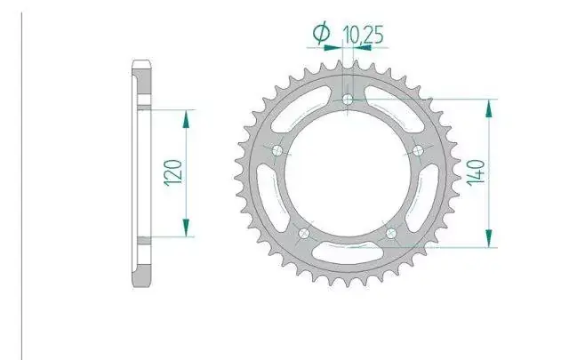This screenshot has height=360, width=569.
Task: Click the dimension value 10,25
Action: click(363, 36)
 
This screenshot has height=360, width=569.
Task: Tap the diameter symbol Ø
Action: click(322, 33)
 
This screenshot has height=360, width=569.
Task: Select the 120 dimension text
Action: click(173, 172)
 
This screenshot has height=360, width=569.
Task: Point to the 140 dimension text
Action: click(476, 172)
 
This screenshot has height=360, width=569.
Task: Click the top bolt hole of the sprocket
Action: click(348, 99)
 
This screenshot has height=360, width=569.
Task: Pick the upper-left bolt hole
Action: click(277, 150)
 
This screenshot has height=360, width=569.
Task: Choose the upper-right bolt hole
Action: click(418, 150)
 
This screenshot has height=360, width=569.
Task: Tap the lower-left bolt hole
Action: click(304, 234)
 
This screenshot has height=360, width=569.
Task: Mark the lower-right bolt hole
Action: click(391, 234)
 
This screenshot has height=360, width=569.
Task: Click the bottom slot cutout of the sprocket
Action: click(348, 253)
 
